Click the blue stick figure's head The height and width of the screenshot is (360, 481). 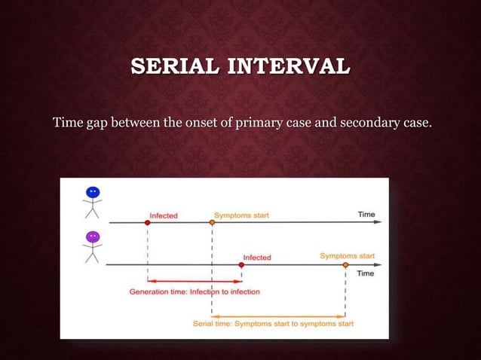(x=93, y=193)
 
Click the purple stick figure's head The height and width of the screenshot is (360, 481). (x=93, y=236)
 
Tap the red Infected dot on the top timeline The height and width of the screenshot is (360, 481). (x=148, y=223)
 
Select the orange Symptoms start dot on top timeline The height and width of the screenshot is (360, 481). (x=213, y=223)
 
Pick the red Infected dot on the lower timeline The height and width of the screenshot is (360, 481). (x=241, y=265)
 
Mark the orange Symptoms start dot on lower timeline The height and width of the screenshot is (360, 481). (x=345, y=265)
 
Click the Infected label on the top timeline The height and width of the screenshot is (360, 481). (x=164, y=215)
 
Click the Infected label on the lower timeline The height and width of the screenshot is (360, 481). (x=257, y=257)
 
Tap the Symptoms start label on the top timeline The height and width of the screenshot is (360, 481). (x=241, y=215)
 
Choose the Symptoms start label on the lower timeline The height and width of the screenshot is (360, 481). (x=347, y=256)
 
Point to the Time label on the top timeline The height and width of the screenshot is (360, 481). (x=366, y=215)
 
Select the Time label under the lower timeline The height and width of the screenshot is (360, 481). (x=365, y=273)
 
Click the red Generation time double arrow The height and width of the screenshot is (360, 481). (x=195, y=281)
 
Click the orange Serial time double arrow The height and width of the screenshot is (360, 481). (x=279, y=315)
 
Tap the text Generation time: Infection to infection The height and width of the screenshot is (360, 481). (x=195, y=291)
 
